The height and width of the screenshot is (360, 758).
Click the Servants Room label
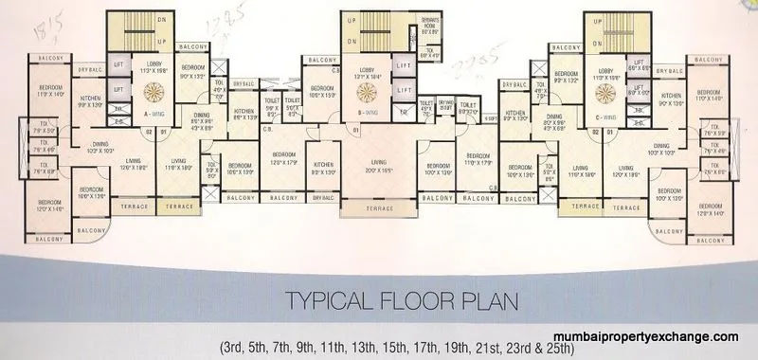(x=431, y=27)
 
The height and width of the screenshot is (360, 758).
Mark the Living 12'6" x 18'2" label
(x=135, y=165)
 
